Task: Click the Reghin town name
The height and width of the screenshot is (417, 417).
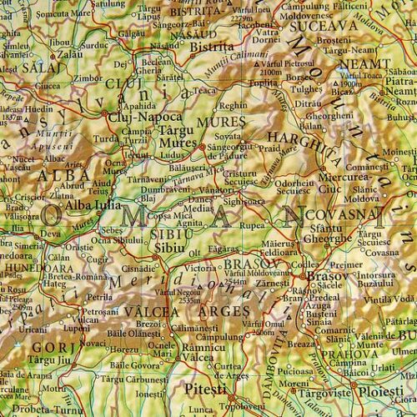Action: (234, 105)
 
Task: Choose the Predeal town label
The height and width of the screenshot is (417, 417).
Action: (320, 295)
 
